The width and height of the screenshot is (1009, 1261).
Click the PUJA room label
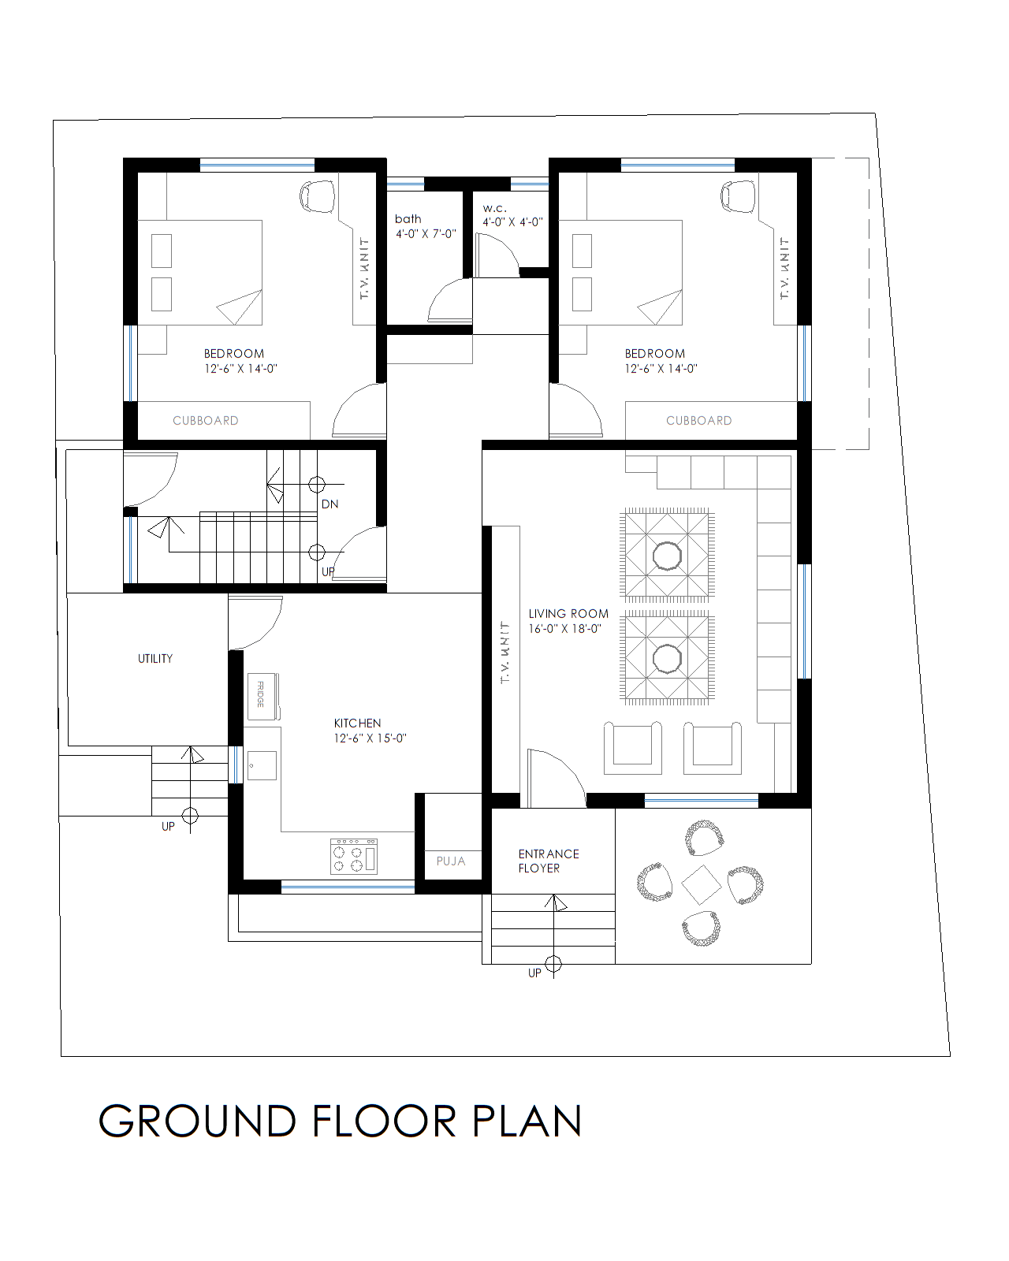point(451,861)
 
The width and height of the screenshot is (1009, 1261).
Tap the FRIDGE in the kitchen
point(262,695)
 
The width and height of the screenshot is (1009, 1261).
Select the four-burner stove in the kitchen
point(354,856)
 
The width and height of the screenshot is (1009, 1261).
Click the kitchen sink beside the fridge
point(262,765)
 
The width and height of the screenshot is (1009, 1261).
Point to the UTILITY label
point(155,659)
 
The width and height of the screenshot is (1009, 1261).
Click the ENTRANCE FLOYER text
point(548,861)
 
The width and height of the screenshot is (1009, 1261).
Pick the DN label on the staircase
point(330,504)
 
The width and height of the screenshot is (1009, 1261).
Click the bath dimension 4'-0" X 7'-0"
point(426,234)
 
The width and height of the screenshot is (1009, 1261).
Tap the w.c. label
point(494,208)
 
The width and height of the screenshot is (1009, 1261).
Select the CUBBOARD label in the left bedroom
point(206,421)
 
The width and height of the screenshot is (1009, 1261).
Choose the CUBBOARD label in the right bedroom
point(698,421)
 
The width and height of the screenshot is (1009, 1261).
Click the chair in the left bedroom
point(318,195)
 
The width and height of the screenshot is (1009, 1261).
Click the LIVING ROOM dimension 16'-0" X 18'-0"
point(564,629)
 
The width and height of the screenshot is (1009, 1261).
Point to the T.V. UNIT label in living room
point(504,652)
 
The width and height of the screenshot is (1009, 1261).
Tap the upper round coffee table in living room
point(667,556)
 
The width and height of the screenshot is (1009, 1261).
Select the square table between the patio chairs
point(701,884)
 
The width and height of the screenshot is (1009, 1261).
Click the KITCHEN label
point(357,723)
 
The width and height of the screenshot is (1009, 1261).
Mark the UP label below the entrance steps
point(534,973)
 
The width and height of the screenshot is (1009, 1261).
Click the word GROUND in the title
point(197,1122)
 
